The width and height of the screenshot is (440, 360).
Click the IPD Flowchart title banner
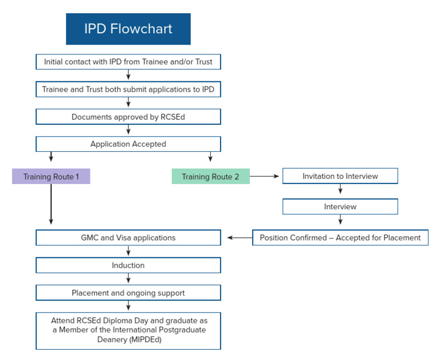(128, 29)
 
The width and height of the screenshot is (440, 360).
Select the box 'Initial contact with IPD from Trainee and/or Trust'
(128, 61)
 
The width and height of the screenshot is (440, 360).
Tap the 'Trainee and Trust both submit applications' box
(128, 89)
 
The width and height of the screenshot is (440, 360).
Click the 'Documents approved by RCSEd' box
(128, 117)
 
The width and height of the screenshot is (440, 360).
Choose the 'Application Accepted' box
(128, 144)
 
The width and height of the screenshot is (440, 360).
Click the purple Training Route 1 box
(51, 177)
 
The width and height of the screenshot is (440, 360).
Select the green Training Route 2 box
(210, 177)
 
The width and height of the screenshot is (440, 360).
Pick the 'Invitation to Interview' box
(340, 176)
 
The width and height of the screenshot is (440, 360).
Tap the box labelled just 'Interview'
(340, 206)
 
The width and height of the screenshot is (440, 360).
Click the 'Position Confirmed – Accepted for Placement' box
(340, 237)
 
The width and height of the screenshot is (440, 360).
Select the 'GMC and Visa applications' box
(128, 237)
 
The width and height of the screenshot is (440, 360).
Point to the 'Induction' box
(128, 265)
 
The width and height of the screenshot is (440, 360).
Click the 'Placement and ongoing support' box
(128, 293)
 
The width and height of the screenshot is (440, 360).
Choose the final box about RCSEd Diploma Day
(128, 330)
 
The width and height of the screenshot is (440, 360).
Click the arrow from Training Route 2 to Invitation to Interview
(265, 177)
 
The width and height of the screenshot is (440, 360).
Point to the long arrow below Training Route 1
(51, 204)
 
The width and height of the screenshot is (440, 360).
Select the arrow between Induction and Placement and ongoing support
(128, 279)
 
